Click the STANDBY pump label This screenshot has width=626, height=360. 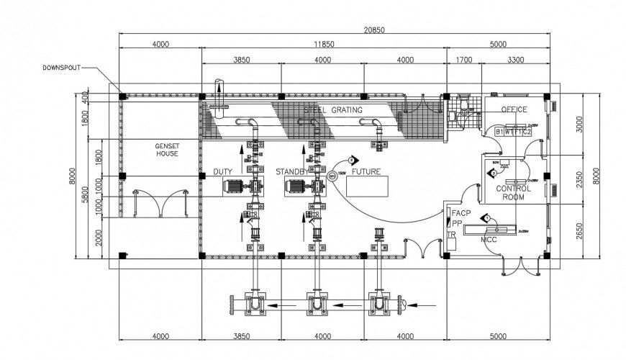(x=291, y=172)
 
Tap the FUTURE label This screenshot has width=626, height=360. (x=366, y=172)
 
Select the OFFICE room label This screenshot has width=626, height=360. (x=514, y=109)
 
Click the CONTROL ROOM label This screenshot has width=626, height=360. (x=514, y=193)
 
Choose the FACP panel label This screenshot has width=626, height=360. (x=460, y=212)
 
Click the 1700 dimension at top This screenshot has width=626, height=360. (x=464, y=60)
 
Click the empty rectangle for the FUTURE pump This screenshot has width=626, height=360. (x=367, y=186)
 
